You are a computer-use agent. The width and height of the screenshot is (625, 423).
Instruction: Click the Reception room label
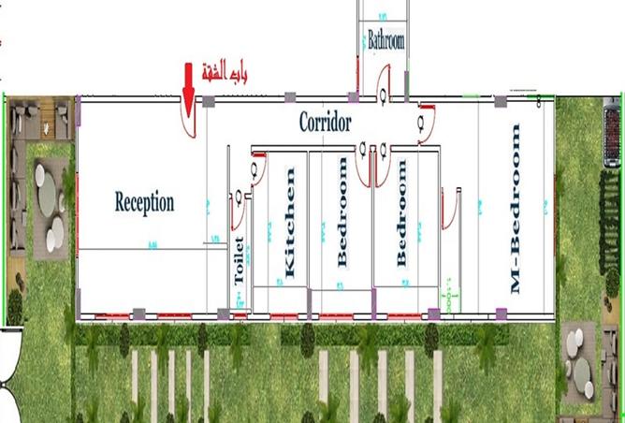144,201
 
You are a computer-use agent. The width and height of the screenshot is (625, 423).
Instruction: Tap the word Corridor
325,122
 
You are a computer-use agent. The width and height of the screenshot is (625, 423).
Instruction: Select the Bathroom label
385,41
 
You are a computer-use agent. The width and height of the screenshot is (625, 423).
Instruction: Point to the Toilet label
239,261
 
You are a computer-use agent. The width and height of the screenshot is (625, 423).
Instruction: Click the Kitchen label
289,223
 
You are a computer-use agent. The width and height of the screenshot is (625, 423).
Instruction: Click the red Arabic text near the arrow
226,72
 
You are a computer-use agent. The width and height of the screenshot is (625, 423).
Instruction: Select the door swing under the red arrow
188,123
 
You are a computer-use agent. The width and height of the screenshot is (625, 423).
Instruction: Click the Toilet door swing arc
238,212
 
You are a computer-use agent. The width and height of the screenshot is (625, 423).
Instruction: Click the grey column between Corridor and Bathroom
353,96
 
